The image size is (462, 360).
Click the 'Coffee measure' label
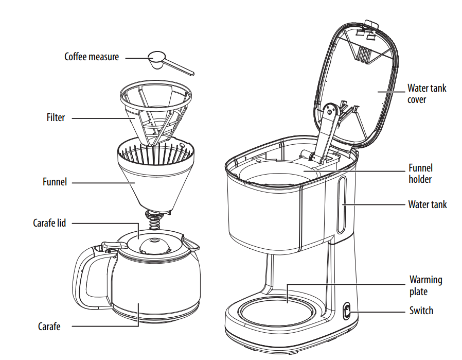click(x=91, y=57)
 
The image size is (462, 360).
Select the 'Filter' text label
click(x=56, y=117)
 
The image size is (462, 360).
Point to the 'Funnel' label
click(x=55, y=182)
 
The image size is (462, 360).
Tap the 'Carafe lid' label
click(x=49, y=223)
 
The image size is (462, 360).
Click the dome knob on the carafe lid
click(x=154, y=245)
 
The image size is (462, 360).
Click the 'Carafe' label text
click(x=49, y=326)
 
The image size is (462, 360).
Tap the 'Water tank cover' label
click(x=427, y=93)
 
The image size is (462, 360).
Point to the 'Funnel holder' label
click(x=420, y=174)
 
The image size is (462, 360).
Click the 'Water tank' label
click(x=427, y=204)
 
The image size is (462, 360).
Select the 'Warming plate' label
click(x=425, y=285)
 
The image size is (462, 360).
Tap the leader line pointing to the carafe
click(x=103, y=326)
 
